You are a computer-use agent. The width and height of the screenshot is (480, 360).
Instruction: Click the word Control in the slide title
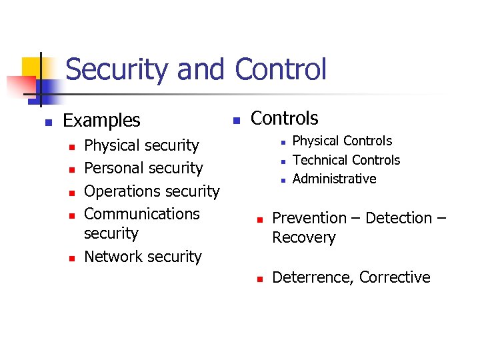[281, 70]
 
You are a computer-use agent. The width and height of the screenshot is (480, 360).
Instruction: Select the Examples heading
[101, 121]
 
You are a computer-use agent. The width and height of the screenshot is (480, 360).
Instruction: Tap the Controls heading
[285, 119]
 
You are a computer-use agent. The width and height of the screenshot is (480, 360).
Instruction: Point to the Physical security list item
[141, 145]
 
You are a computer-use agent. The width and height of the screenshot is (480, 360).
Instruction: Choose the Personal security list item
[143, 168]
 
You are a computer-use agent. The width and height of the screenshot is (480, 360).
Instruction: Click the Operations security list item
[151, 191]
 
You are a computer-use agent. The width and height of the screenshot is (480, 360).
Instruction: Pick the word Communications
[142, 214]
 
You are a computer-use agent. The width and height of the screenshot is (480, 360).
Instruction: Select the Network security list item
[143, 257]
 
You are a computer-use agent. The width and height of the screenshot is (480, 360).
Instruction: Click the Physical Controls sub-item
[342, 141]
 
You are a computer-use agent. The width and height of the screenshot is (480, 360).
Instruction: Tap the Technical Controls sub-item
[346, 160]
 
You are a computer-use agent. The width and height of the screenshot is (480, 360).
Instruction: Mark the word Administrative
[334, 179]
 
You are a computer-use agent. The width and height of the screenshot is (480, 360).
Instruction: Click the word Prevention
[310, 218]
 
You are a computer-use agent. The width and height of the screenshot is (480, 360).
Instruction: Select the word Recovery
[304, 238]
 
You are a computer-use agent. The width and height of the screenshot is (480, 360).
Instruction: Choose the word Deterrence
[310, 277]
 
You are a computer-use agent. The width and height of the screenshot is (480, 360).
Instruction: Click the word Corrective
[395, 277]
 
